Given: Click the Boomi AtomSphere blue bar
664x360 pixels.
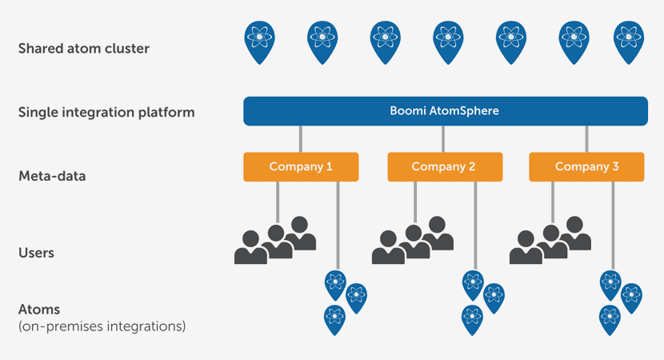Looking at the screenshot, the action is coord(446,111).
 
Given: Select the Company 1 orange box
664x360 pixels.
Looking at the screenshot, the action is coord(301,167).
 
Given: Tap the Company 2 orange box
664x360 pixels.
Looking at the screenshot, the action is coord(445,167).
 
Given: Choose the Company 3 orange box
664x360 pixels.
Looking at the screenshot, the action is coord(586,167).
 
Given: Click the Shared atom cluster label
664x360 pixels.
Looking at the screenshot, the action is coord(84,48).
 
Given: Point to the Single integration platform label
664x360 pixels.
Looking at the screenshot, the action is coord(106,112).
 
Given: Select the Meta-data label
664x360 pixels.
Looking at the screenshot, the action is coord(52,176).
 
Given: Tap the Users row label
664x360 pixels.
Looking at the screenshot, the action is coord(37,253).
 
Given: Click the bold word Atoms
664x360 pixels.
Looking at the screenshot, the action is coord(39,309).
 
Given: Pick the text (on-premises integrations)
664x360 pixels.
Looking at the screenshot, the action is coord(102,326).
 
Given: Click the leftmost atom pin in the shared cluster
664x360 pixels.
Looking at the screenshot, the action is coord(259,42).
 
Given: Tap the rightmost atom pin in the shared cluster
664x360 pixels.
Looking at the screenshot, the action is coord(629,42).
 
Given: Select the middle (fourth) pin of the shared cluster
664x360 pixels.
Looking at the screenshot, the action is coord(448,42).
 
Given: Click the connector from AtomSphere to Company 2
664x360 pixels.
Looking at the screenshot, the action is coord(443,139).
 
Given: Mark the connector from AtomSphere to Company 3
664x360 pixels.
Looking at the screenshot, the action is coord(586,139).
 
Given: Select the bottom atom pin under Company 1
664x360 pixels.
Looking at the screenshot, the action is coord(334,320).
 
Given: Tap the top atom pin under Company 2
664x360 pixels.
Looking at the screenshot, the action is coord(473,286).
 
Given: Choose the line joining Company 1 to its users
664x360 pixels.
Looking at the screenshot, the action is coord(278,202).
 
